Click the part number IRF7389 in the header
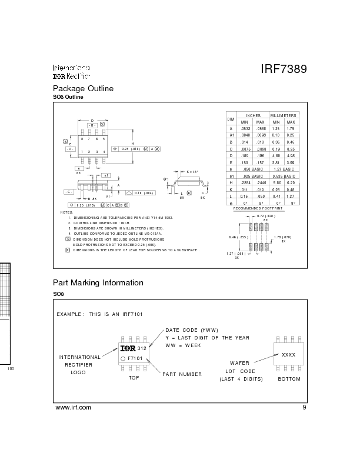pyautogui.click(x=284, y=69)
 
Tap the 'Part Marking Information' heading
pyautogui.click(x=98, y=282)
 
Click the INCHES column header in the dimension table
pyautogui.click(x=253, y=115)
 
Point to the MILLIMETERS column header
pyautogui.click(x=284, y=115)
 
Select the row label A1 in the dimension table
pyautogui.click(x=231, y=135)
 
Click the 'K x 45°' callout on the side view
pyautogui.click(x=193, y=172)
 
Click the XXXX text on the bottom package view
pyautogui.click(x=288, y=355)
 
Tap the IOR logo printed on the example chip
pyautogui.click(x=128, y=348)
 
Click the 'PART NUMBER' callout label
pyautogui.click(x=182, y=374)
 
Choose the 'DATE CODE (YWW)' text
pyautogui.click(x=191, y=329)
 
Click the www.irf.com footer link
pyautogui.click(x=73, y=407)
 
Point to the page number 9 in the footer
pyautogui.click(x=304, y=407)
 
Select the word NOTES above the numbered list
pyautogui.click(x=67, y=212)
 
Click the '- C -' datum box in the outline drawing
pyautogui.click(x=69, y=192)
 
